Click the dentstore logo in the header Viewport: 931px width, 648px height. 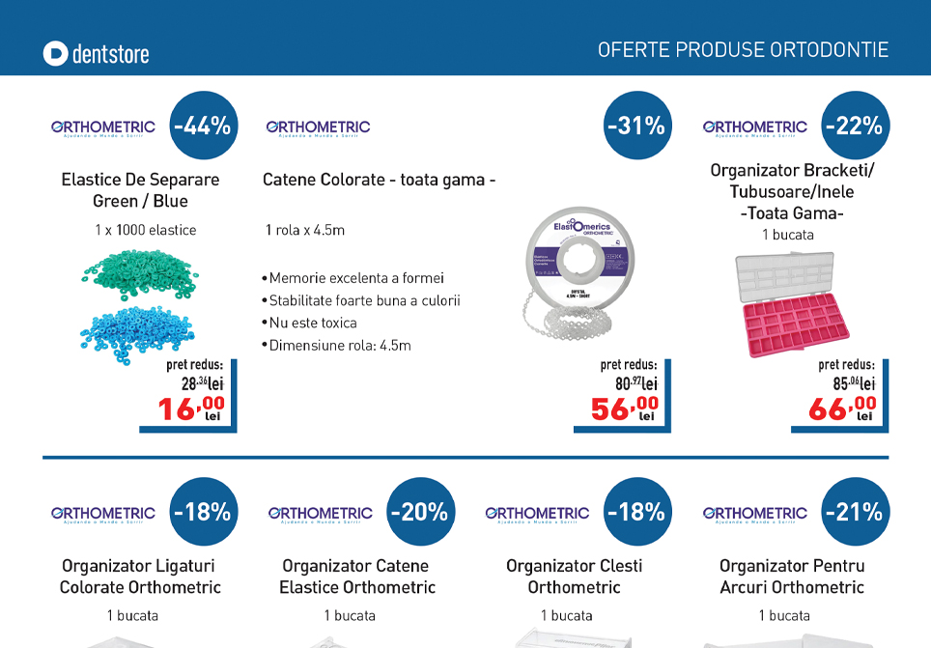(x=96, y=53)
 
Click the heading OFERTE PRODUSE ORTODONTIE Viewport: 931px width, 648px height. (x=743, y=50)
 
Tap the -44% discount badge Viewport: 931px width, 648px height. (x=203, y=126)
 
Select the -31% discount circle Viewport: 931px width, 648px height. (x=636, y=126)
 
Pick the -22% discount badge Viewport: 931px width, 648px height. (x=854, y=126)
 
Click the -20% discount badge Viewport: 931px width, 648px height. (x=419, y=512)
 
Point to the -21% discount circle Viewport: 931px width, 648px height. (x=854, y=512)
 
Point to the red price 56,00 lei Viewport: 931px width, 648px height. (x=625, y=409)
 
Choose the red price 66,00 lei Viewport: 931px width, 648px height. (x=842, y=409)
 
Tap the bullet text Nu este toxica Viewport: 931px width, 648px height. (x=312, y=323)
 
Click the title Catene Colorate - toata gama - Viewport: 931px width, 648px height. (x=379, y=180)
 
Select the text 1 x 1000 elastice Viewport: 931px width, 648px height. (x=145, y=230)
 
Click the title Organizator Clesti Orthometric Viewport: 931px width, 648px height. (x=574, y=577)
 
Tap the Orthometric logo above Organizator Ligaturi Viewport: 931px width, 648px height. (x=103, y=514)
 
